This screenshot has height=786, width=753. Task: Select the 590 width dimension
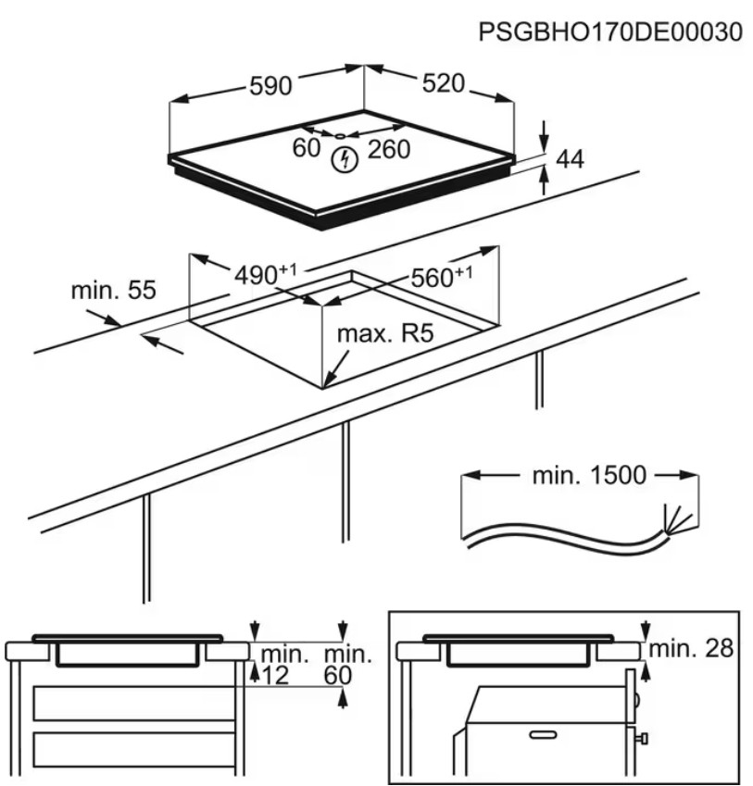tap(270, 86)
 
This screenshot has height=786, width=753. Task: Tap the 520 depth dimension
tap(443, 83)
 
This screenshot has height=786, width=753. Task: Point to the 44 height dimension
tap(570, 159)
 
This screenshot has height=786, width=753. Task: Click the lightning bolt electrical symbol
tap(345, 159)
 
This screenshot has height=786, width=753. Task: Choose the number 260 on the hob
tap(388, 149)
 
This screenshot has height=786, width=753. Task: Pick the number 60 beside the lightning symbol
tap(307, 148)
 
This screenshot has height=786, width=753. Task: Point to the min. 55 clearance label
tap(113, 291)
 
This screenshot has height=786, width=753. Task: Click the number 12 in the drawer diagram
tap(275, 676)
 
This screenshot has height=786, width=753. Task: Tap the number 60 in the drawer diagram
tap(338, 676)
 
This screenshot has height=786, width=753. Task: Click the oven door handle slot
tap(544, 735)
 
